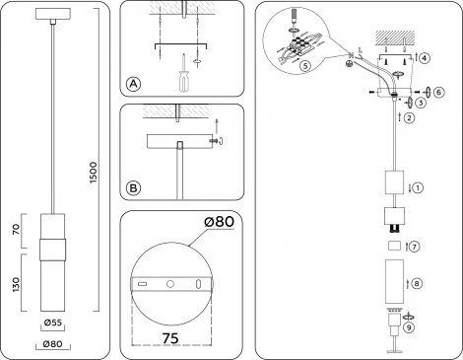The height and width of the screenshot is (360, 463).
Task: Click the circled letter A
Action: click(x=133, y=85)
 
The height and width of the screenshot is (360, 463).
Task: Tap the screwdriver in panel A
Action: click(x=181, y=78)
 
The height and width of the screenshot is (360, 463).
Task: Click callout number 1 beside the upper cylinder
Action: click(x=418, y=184)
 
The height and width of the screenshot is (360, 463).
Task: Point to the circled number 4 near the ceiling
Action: click(x=424, y=58)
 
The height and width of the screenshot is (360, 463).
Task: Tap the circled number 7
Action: click(x=415, y=246)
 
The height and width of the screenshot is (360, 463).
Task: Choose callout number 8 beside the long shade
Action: click(x=417, y=283)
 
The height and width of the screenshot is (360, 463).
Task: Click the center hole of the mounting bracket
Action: click(x=171, y=285)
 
